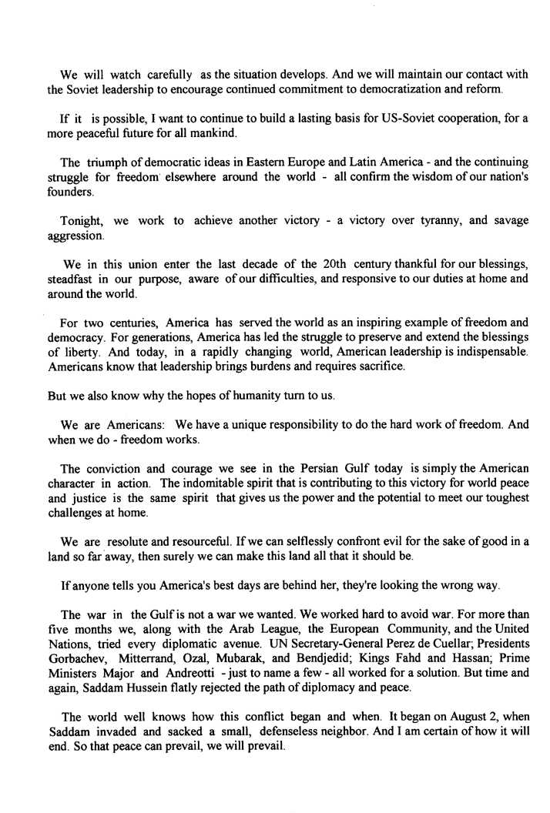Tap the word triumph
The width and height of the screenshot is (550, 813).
click(x=109, y=162)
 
